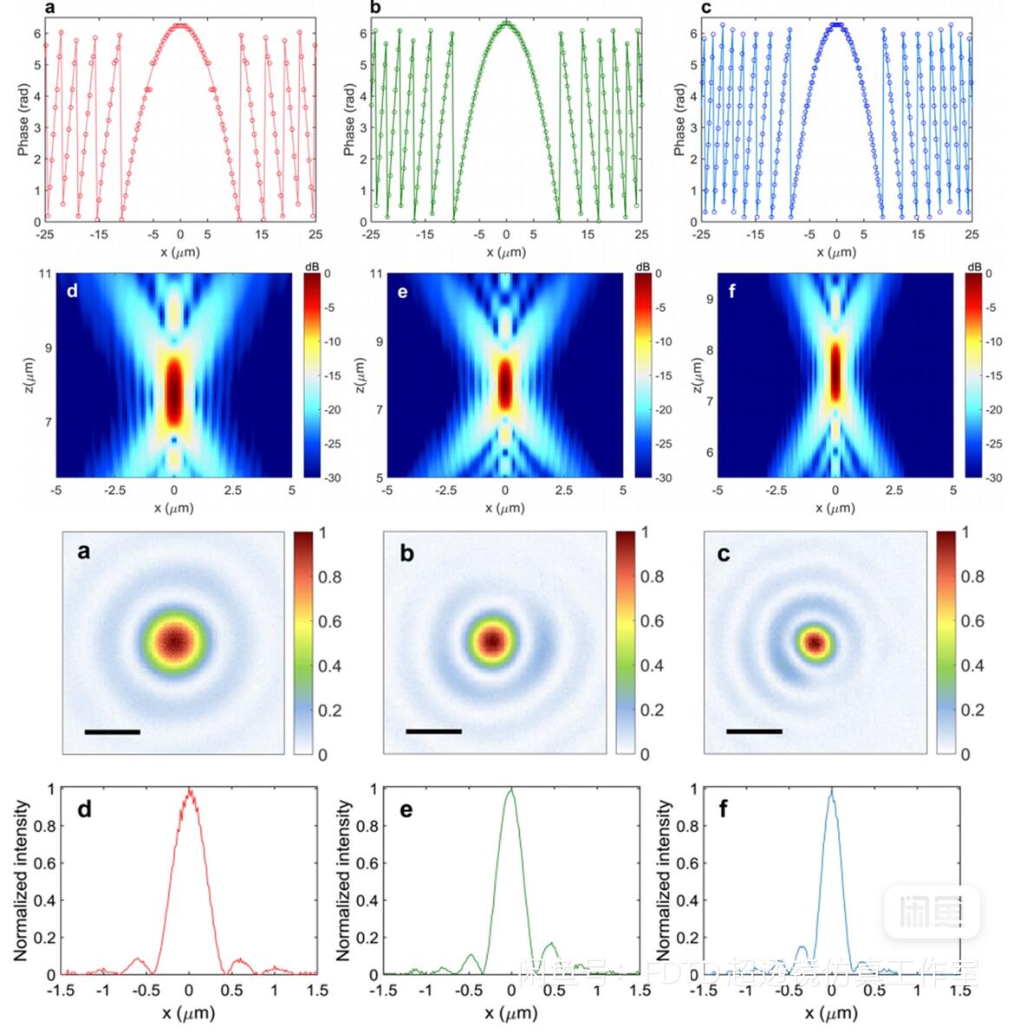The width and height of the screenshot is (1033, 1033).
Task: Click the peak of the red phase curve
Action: coord(179,26)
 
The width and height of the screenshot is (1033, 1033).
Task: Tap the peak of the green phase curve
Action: coord(507,23)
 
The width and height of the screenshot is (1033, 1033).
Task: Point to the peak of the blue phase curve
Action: coord(836,26)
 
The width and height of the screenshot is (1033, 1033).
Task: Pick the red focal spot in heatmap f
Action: coord(835,371)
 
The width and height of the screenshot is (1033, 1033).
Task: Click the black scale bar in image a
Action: coord(113,732)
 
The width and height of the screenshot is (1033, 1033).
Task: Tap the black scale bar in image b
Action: coord(433,731)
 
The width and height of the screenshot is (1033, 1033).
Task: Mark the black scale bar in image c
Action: coord(754,731)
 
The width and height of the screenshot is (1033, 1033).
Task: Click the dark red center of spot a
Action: coord(175,642)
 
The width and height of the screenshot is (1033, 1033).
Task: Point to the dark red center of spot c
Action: coord(815,642)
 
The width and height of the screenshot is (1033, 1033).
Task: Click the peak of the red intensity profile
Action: coord(190,790)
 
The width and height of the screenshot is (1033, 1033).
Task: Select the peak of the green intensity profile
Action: coord(511,789)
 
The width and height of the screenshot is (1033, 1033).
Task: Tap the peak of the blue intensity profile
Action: coord(832,790)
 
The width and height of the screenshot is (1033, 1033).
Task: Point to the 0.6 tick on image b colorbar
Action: coord(652,621)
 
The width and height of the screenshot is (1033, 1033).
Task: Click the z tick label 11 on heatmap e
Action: coord(375,274)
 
